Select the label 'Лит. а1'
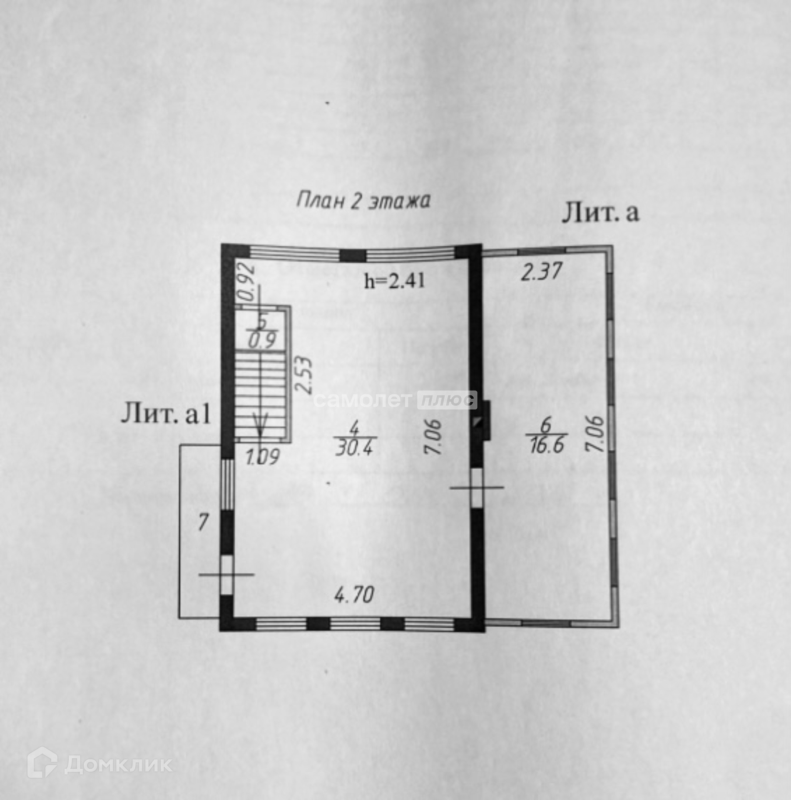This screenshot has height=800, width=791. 166,415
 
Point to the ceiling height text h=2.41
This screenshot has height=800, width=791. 395,281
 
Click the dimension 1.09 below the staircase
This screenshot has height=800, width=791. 262,457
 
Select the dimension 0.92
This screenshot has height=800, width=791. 247,282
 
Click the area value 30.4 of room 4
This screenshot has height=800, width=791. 355,448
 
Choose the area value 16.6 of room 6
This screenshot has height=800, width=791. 546,445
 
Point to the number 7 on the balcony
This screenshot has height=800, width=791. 202,522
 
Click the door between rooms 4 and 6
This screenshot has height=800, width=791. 477,487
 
